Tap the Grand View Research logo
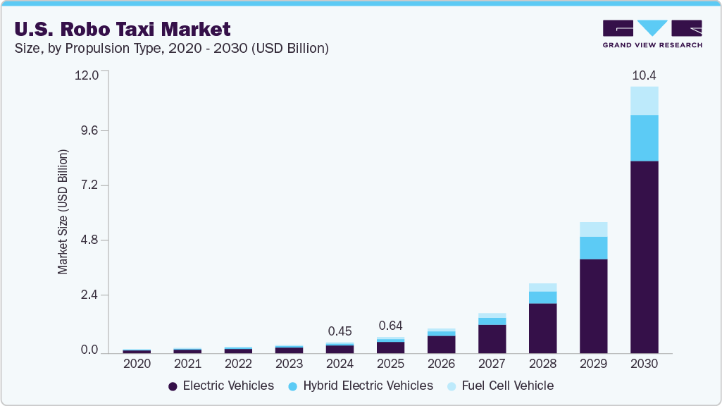tap(652, 34)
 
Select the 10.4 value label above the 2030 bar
tap(644, 75)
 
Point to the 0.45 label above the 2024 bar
tap(340, 331)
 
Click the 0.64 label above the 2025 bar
tap(390, 326)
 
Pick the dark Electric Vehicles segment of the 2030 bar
tap(644, 257)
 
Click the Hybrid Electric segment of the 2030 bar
tap(644, 138)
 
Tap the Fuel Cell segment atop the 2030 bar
tap(644, 101)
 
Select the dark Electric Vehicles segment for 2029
tap(593, 306)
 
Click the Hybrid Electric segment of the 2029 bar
tap(593, 248)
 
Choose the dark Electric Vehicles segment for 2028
tap(542, 328)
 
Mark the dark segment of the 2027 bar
tap(492, 338)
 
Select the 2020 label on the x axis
tap(137, 364)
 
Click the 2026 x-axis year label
tap(441, 364)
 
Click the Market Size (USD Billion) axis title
tap(63, 212)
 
